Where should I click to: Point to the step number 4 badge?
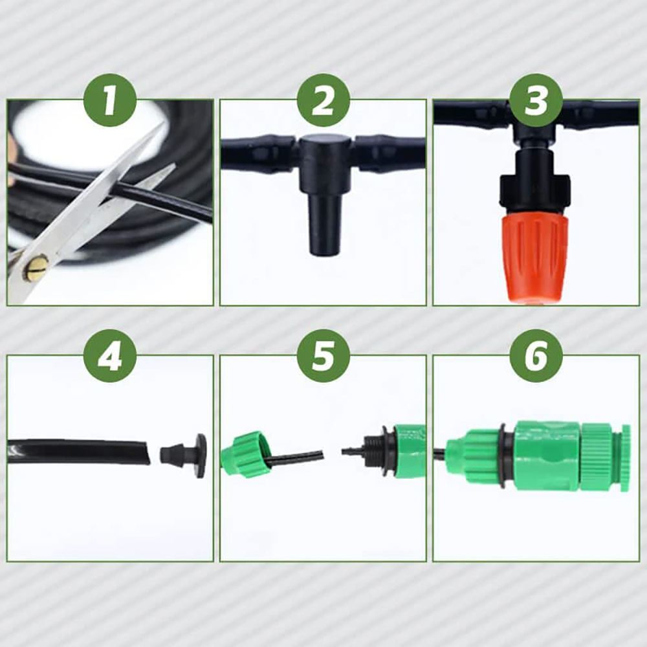click(x=110, y=356)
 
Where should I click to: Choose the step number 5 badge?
click(x=323, y=356)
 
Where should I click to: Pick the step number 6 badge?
click(x=536, y=356)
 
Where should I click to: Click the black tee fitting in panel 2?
click(x=325, y=159)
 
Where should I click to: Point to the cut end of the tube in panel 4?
click(x=145, y=452)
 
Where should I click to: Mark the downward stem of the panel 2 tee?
click(x=325, y=223)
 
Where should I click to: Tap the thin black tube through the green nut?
click(x=294, y=457)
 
